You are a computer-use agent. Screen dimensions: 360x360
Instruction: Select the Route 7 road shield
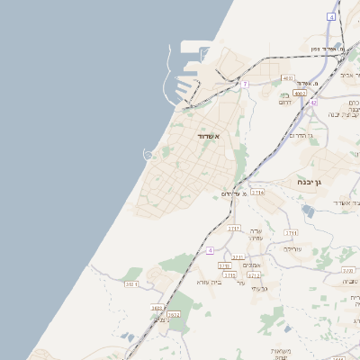coord(244,84)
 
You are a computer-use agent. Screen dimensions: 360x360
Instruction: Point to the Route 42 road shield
coord(313,103)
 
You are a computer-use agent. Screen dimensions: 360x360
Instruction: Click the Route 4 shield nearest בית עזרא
coord(210,250)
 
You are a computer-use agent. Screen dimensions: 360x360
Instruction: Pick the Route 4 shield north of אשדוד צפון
coord(331,17)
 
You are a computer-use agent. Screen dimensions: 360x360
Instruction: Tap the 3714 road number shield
coord(257,193)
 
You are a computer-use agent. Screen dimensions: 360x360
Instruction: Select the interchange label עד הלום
coord(234,193)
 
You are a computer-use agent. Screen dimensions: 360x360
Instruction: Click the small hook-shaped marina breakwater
coord(148,154)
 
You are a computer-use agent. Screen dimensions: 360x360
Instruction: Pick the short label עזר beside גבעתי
coord(240,283)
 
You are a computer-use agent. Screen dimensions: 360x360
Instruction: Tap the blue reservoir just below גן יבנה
coord(309,211)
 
